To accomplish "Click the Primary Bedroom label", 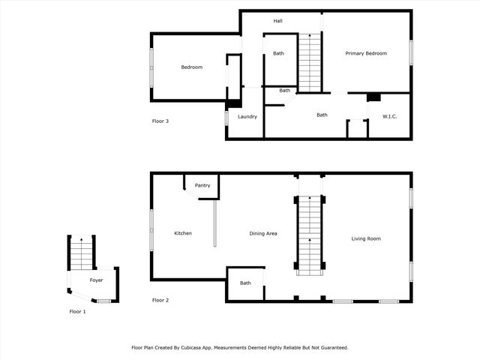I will tap(366, 53).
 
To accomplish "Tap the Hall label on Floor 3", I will tap(277, 21).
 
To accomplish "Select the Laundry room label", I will tap(247, 116).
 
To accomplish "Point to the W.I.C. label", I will tap(389, 116).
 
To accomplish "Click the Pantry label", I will tap(202, 185).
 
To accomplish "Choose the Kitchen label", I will tap(183, 233).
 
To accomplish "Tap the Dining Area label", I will tap(263, 233).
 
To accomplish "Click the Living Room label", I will tap(366, 238).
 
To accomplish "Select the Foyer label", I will tap(97, 280).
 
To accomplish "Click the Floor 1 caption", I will tap(77, 310).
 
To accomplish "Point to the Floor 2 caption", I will tap(160, 300).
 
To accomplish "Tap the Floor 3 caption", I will tap(160, 121).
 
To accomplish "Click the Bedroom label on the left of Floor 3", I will tap(192, 67).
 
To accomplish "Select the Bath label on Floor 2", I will tap(245, 283).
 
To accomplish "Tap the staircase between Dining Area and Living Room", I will tap(310, 234).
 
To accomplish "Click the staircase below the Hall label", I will tap(310, 61).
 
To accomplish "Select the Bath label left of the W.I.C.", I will tap(322, 115).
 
